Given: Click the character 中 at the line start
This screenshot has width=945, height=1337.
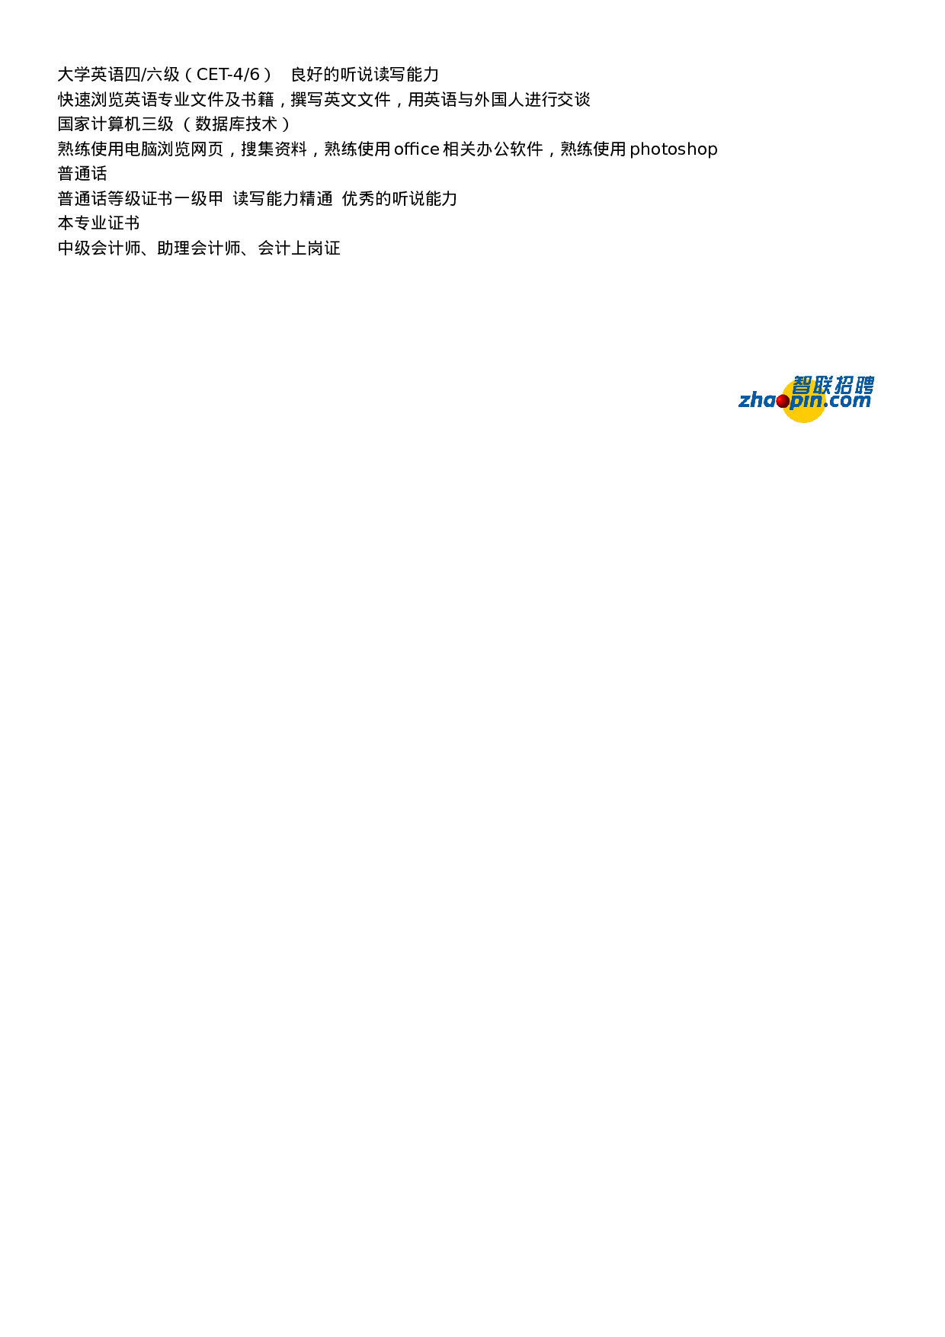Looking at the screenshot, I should pyautogui.click(x=66, y=248).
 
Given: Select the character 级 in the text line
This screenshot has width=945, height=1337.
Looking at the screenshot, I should pyautogui.click(x=82, y=248).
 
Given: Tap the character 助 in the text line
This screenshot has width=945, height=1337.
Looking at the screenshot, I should pyautogui.click(x=165, y=248).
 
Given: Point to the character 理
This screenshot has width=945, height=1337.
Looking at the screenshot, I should pyautogui.click(x=182, y=248).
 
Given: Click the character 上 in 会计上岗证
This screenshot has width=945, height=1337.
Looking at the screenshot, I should pyautogui.click(x=299, y=248).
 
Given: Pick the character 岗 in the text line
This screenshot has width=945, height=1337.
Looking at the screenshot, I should pyautogui.click(x=316, y=248).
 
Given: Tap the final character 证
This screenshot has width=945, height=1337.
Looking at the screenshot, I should pyautogui.click(x=332, y=248).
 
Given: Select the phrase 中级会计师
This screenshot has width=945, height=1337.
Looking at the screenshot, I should pyautogui.click(x=99, y=248).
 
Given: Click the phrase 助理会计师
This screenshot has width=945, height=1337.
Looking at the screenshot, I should pyautogui.click(x=199, y=248).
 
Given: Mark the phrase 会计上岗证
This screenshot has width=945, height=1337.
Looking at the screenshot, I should pyautogui.click(x=299, y=248).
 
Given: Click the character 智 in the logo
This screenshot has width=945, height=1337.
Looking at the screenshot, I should pyautogui.click(x=802, y=385).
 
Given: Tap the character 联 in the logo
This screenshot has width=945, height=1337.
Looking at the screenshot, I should pyautogui.click(x=823, y=385).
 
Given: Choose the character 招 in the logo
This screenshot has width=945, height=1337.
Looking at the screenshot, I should pyautogui.click(x=844, y=385).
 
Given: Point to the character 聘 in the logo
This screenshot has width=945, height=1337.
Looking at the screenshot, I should pyautogui.click(x=864, y=385).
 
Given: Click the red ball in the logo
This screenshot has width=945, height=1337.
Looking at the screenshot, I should pyautogui.click(x=783, y=401).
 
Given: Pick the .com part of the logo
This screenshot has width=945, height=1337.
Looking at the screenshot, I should pyautogui.click(x=847, y=401).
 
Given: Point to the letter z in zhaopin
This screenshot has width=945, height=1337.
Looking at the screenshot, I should pyautogui.click(x=745, y=402).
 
